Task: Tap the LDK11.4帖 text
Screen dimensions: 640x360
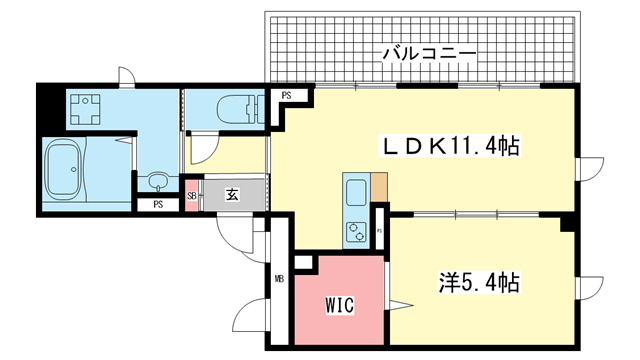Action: [450, 147]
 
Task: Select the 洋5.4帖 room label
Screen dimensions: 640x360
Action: [479, 283]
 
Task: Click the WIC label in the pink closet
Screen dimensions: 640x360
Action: [339, 304]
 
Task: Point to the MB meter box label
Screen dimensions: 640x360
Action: [279, 280]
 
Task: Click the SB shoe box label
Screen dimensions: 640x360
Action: [191, 196]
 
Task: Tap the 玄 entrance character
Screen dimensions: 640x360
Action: [232, 195]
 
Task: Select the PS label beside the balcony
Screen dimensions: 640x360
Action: [287, 96]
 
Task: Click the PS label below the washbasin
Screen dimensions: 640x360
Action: [158, 204]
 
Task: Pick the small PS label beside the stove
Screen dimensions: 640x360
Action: [379, 231]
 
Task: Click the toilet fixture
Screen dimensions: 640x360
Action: [241, 109]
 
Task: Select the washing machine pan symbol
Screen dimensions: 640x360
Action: [85, 109]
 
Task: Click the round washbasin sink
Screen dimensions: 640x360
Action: [158, 180]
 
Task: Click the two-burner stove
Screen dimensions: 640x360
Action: [356, 232]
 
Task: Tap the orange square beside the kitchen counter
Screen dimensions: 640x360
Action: [379, 187]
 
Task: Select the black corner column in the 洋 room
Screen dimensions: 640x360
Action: [568, 224]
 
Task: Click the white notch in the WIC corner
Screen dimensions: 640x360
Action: [303, 262]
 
